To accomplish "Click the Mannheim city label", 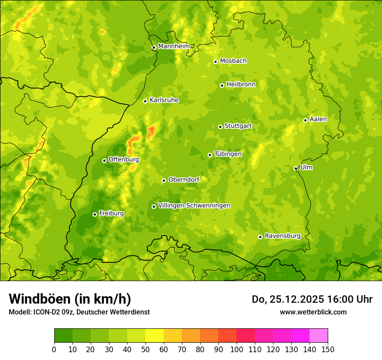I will coord(174,46).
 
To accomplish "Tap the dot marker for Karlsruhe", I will coord(145,101).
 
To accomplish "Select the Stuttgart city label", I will coord(238,126).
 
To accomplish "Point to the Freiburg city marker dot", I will coord(95,214).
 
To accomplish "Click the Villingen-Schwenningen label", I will coord(194,206).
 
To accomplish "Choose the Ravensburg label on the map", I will coord(283,236).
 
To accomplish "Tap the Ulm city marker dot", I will coord(296,168).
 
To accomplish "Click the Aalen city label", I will coord(318,119).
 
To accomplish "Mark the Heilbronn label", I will coord(241,85).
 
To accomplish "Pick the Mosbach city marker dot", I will coord(215,62).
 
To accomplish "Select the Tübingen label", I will coord(228,154).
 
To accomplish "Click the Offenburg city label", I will coord(124,160).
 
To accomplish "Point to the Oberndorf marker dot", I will coord(164,180).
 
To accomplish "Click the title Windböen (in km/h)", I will coord(70,299).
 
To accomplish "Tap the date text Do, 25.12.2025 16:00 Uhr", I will coord(312,299).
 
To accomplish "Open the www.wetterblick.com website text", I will coord(313,312).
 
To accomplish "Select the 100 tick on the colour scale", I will coord(237,349).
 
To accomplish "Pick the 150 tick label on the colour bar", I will coord(328,349).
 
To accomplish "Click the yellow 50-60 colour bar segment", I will coord(155,336).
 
